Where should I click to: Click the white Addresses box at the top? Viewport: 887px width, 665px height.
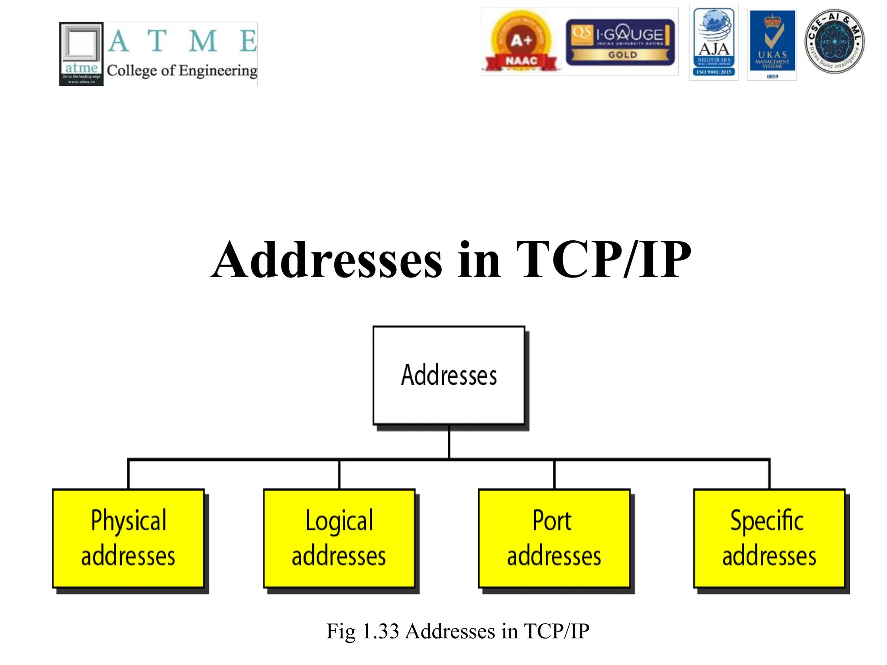(x=449, y=375)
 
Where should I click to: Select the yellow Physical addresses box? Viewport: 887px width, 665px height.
(x=128, y=538)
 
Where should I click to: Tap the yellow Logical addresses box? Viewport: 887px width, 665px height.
(x=339, y=538)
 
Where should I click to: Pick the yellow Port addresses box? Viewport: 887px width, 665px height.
(x=554, y=538)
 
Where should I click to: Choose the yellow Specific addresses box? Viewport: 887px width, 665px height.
(x=769, y=538)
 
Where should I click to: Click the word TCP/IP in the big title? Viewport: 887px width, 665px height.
(x=603, y=260)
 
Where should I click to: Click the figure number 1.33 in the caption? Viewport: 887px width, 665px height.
(x=380, y=631)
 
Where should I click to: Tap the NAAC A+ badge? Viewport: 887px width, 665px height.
(x=521, y=42)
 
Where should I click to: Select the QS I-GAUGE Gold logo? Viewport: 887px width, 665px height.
(x=620, y=42)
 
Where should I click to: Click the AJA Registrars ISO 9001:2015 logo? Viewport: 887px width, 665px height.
(x=714, y=42)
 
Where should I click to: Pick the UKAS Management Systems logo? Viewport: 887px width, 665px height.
(x=772, y=44)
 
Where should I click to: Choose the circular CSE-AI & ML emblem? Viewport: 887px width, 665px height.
(x=834, y=42)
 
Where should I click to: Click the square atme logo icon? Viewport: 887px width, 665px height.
(x=81, y=54)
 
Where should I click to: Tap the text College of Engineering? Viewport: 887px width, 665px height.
(x=182, y=71)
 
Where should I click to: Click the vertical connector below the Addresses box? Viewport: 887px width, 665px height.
(x=449, y=442)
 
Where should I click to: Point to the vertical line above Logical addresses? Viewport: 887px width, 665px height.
(x=339, y=475)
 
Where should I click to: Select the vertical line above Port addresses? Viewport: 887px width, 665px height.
(x=554, y=475)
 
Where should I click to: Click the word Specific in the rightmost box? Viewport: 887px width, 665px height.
(x=767, y=521)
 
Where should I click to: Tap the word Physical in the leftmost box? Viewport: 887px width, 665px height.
(x=128, y=521)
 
